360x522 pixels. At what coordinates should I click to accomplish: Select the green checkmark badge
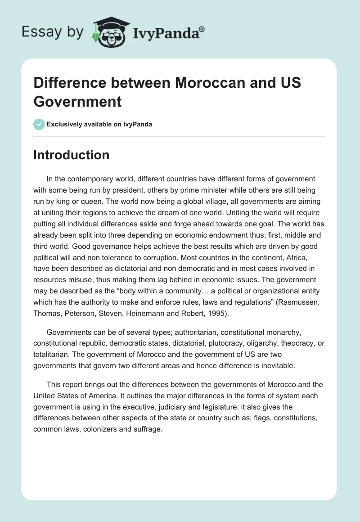click(x=39, y=124)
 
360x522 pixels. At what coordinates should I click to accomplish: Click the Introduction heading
click(x=71, y=155)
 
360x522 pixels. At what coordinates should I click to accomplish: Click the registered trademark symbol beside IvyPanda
click(x=202, y=29)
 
